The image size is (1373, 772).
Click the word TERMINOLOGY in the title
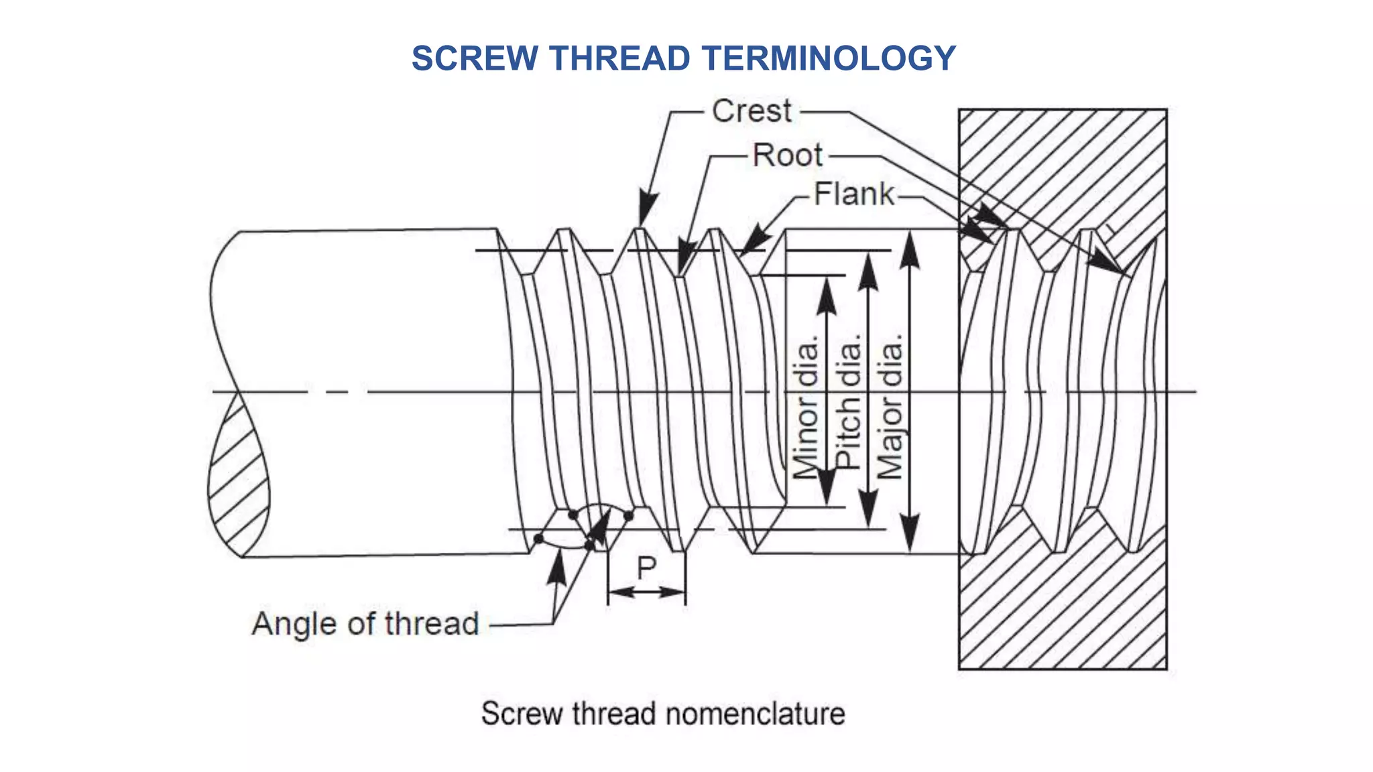(829, 58)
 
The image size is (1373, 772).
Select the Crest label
(752, 111)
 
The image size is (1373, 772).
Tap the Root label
(787, 155)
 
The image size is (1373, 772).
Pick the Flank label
(853, 194)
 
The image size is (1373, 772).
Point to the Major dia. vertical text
(890, 407)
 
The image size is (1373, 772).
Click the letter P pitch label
(646, 568)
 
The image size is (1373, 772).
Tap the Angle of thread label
(365, 624)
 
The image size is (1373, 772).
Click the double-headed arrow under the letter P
(646, 592)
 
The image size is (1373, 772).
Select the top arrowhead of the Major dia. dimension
(909, 249)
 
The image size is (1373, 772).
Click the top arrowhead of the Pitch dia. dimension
(868, 271)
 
